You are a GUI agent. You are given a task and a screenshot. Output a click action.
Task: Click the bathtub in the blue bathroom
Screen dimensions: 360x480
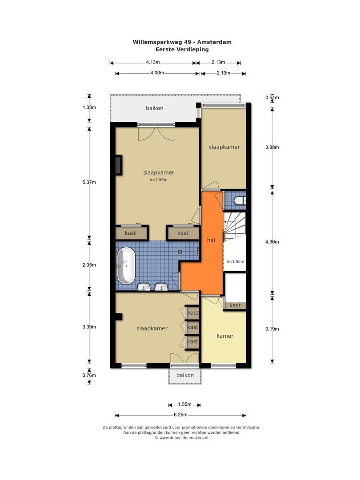pyautogui.click(x=126, y=266)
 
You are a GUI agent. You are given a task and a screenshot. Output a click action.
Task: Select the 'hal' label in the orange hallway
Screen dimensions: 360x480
pyautogui.click(x=211, y=240)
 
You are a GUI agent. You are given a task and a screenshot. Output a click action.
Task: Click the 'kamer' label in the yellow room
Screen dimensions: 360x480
pyautogui.click(x=225, y=336)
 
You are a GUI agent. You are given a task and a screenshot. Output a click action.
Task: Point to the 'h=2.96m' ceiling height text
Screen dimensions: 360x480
pyautogui.click(x=159, y=180)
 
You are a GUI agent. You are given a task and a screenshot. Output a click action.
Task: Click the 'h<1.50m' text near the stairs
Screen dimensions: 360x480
pyautogui.click(x=236, y=261)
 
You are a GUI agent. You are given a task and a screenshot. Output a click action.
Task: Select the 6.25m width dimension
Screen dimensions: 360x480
pyautogui.click(x=180, y=415)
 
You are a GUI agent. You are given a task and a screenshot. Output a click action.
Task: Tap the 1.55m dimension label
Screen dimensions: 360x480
pyautogui.click(x=185, y=404)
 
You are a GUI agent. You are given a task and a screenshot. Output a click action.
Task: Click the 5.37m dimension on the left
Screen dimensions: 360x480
pyautogui.click(x=89, y=182)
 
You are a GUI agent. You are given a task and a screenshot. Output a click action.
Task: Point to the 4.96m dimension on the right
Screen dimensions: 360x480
pyautogui.click(x=272, y=241)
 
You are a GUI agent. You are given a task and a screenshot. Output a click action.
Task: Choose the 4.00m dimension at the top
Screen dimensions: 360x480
pyautogui.click(x=157, y=73)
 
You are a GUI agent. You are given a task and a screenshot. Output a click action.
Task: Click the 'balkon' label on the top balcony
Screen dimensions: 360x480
pyautogui.click(x=155, y=108)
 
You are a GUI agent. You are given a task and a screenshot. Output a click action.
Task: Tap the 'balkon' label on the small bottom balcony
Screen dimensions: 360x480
pyautogui.click(x=185, y=375)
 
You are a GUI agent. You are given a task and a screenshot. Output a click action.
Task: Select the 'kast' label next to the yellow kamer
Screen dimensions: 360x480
pyautogui.click(x=235, y=305)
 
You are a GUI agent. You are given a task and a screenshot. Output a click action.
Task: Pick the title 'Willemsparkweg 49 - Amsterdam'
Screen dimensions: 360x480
pyautogui.click(x=182, y=42)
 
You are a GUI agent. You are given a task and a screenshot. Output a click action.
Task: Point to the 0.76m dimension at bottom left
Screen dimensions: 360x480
pyautogui.click(x=89, y=375)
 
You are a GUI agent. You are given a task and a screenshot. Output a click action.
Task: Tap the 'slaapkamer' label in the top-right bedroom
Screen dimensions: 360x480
pyautogui.click(x=224, y=147)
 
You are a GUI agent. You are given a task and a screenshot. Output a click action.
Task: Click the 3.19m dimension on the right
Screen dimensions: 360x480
pyautogui.click(x=272, y=329)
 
